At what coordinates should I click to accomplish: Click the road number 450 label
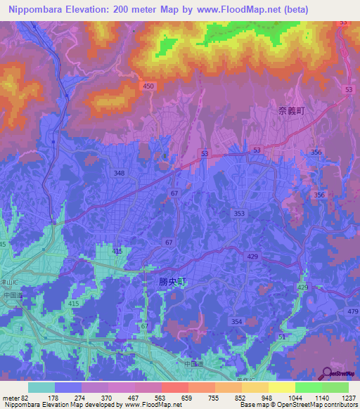click(148, 86)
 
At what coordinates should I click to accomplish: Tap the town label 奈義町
click(291, 111)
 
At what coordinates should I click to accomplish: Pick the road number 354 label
click(236, 321)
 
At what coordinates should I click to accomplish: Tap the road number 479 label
click(352, 311)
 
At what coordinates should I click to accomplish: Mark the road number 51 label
click(281, 337)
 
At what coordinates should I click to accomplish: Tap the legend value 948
click(257, 398)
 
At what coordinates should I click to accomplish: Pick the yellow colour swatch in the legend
click(281, 387)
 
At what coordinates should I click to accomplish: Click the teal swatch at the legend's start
click(41, 387)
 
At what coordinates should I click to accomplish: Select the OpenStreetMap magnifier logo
click(328, 372)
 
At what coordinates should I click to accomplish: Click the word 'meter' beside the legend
click(10, 398)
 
